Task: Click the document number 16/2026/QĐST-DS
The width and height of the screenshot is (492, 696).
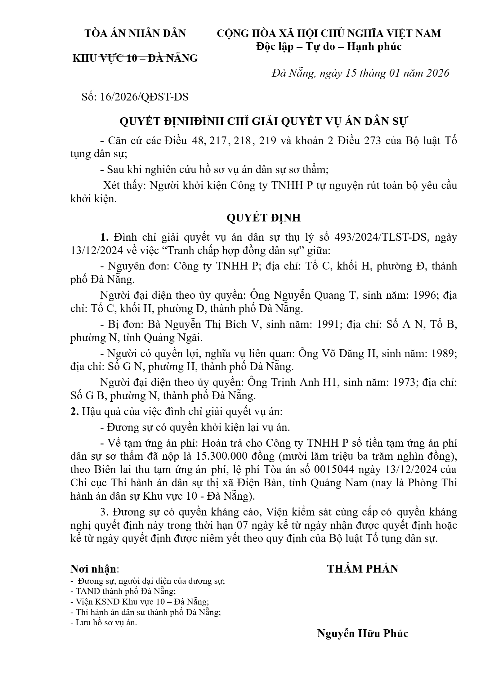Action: [x=144, y=97]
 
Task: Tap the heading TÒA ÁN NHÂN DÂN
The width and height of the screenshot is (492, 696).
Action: [x=135, y=33]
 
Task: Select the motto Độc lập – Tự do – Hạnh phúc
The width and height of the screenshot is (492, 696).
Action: [x=329, y=47]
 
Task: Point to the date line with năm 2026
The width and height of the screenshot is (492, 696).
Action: [x=360, y=73]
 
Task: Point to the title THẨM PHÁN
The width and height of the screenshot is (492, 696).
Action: [x=362, y=569]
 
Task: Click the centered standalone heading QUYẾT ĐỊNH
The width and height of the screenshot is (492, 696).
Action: [x=264, y=218]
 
